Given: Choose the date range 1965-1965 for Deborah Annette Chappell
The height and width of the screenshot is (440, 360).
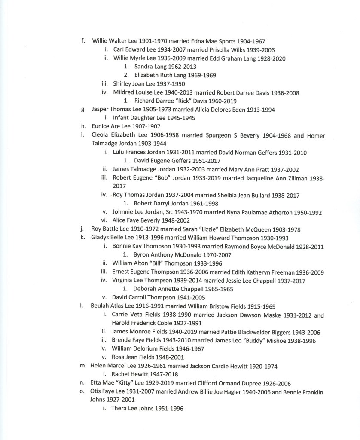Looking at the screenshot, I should [x=219, y=289].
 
